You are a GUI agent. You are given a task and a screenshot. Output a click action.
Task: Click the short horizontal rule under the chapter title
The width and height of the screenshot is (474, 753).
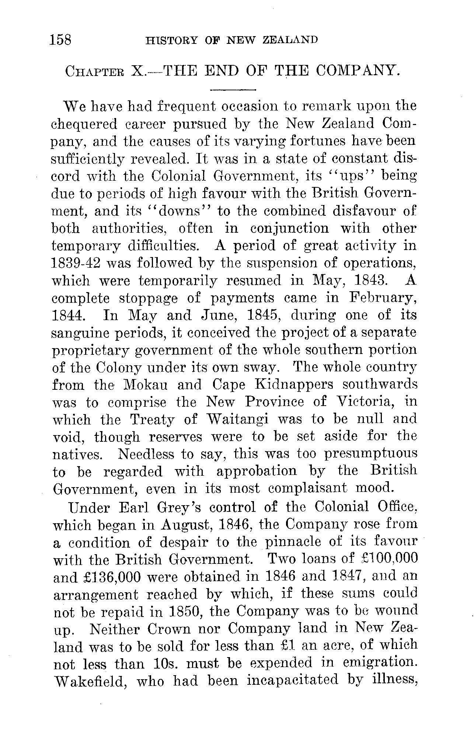click(x=233, y=90)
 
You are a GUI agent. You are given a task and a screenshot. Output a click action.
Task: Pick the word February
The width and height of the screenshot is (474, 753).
click(x=383, y=298)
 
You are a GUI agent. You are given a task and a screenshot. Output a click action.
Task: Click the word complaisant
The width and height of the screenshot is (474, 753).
click(x=307, y=489)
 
